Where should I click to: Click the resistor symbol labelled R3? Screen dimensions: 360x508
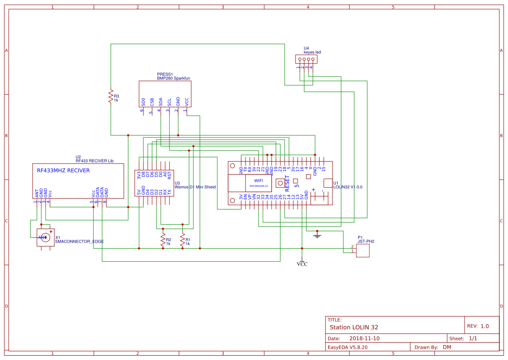111,97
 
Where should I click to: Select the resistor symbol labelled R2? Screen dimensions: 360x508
163,240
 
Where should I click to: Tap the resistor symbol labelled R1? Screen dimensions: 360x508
183,240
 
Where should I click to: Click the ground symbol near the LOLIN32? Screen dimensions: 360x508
317,235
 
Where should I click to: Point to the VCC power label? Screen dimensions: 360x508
302,263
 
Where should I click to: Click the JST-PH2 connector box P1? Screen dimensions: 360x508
363,250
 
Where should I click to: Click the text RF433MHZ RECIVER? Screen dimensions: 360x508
63,171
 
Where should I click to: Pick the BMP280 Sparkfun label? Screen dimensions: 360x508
173,78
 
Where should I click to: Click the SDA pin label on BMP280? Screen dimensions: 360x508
161,102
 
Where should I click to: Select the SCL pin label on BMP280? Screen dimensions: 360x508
169,102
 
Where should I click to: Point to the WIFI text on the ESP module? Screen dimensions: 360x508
259,180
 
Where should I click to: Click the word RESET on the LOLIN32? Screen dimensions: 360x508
287,183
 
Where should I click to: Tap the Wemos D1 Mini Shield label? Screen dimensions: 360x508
195,187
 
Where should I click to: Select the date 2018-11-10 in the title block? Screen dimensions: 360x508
364,338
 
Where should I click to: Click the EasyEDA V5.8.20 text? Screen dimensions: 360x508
347,347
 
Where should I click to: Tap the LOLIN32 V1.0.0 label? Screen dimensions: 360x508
348,187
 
